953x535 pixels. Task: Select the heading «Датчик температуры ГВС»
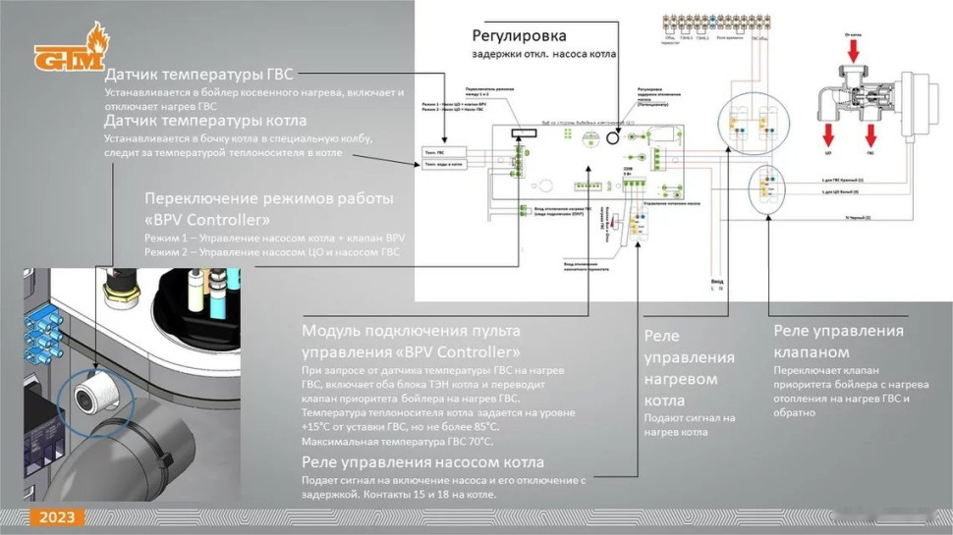point(199,75)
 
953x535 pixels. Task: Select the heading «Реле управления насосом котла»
point(422,461)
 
